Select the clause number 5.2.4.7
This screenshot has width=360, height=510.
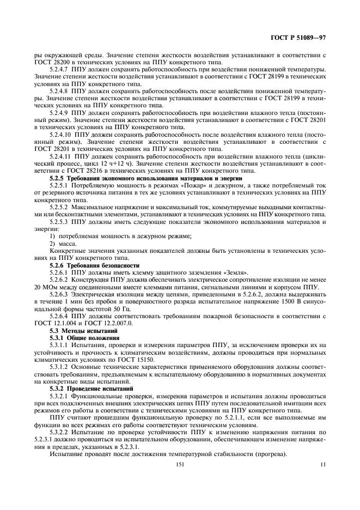61,70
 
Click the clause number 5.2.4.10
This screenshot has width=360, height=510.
62,133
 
